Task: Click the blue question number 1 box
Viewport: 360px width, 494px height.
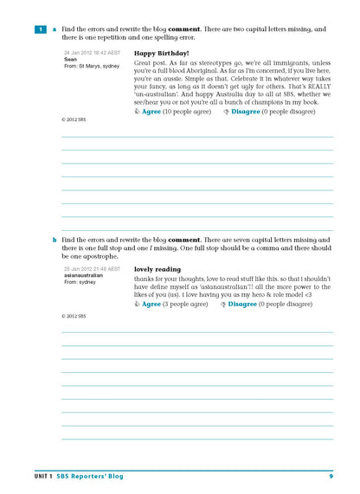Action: pos(39,29)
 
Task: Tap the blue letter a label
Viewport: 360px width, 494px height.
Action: pos(54,29)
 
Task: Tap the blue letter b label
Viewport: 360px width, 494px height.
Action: pos(54,239)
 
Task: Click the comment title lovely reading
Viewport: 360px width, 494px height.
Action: pos(157,269)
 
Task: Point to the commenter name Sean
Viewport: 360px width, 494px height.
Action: pos(71,59)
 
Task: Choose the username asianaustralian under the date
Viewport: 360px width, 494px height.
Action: pos(84,275)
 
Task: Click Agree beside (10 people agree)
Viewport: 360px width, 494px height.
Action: pos(151,112)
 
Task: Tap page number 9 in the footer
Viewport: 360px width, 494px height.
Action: pos(331,476)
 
